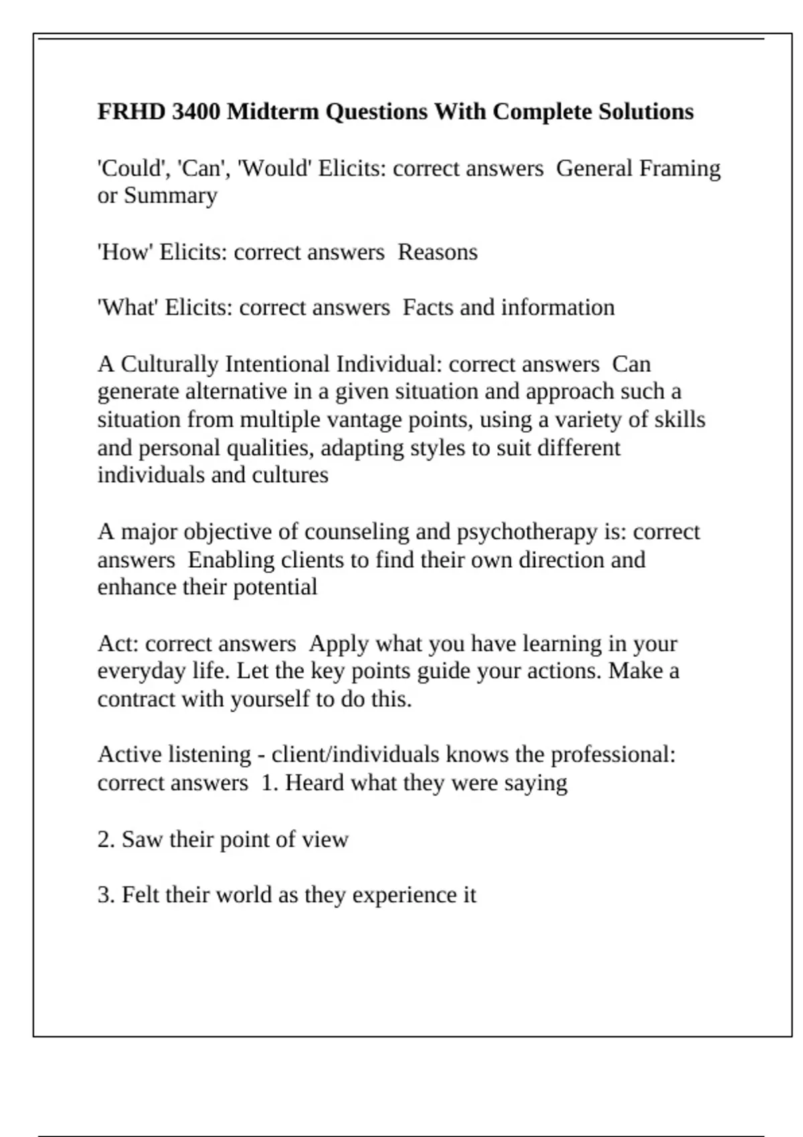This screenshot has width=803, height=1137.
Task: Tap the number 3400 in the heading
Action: pyautogui.click(x=196, y=111)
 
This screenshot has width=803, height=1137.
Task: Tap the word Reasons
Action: pyautogui.click(x=438, y=252)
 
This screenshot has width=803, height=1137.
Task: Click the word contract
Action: pyautogui.click(x=137, y=699)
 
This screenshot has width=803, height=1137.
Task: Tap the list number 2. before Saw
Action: pyautogui.click(x=106, y=839)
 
